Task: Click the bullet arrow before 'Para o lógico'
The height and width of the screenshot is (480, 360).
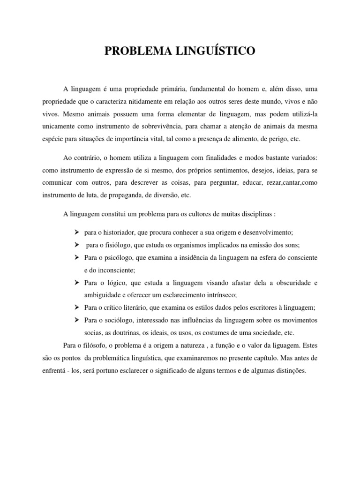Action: click(x=77, y=283)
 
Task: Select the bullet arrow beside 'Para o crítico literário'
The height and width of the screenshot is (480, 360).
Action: click(x=77, y=307)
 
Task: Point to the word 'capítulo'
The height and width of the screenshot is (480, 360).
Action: click(x=263, y=359)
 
